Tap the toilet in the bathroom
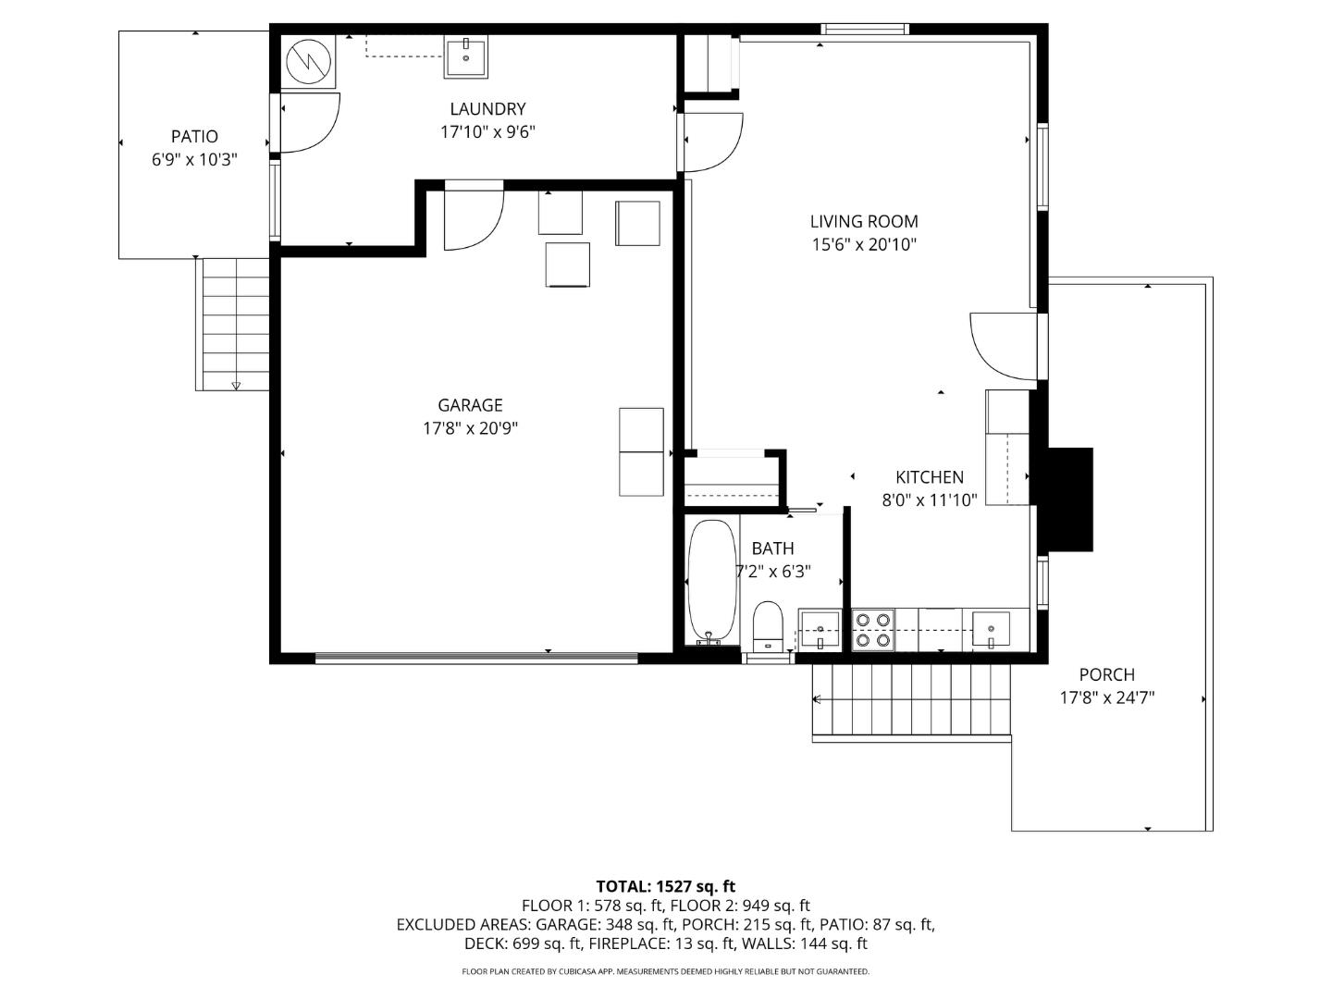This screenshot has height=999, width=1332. (x=768, y=626)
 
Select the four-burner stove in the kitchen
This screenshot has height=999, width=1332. (x=872, y=630)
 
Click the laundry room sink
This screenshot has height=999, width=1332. (x=467, y=57)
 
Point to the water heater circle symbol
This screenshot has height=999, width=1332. (x=308, y=63)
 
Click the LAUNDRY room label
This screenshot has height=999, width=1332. (x=487, y=109)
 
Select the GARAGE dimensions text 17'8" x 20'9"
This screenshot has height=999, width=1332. (x=470, y=428)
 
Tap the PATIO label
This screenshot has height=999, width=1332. (x=194, y=137)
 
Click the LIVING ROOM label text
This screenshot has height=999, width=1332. (x=863, y=222)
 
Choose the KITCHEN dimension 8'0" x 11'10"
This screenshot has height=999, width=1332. (x=929, y=500)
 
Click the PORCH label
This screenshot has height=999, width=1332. (x=1106, y=675)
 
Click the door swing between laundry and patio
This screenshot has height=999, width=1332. (x=310, y=123)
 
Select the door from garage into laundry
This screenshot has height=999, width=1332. (x=473, y=217)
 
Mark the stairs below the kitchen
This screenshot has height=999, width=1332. (x=911, y=700)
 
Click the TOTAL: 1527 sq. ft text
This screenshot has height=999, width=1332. (x=665, y=887)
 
